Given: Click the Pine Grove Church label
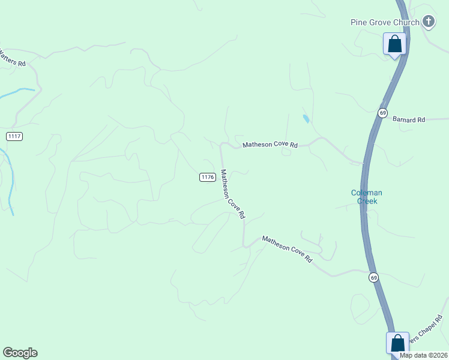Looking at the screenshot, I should click(385, 23).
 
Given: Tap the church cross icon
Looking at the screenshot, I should click(428, 22).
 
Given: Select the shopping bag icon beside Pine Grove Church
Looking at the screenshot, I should click(394, 44).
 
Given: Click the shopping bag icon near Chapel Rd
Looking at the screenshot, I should click(397, 343).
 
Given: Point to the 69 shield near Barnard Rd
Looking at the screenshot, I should click(383, 113).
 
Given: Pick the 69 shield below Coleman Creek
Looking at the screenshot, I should click(373, 277).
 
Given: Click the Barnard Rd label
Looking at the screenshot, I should click(409, 120).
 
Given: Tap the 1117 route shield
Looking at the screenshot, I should click(14, 137).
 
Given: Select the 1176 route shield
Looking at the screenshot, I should click(208, 177).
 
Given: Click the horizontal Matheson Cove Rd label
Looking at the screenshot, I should click(270, 145).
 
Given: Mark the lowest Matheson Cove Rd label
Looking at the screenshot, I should click(288, 249).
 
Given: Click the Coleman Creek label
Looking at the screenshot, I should click(366, 197).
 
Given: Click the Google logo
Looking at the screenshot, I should click(20, 353).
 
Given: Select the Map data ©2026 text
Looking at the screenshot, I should click(423, 355).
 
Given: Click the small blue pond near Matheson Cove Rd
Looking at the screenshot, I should click(306, 118).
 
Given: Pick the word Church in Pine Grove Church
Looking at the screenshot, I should click(406, 23).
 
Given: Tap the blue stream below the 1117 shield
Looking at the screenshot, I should click(10, 180).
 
